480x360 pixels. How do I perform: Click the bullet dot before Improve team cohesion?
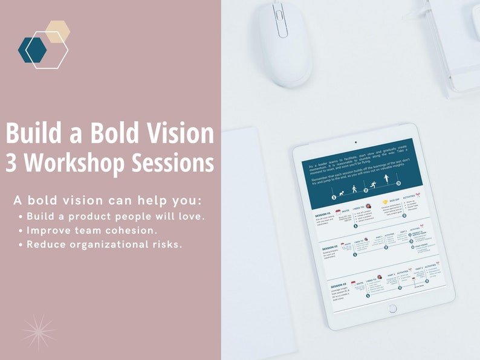point(22,231)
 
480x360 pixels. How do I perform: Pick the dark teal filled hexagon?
point(32,50)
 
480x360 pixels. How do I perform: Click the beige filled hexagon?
point(57,32)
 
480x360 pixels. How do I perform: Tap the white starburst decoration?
point(39,332)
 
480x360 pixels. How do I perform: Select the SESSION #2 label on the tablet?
point(329,246)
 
